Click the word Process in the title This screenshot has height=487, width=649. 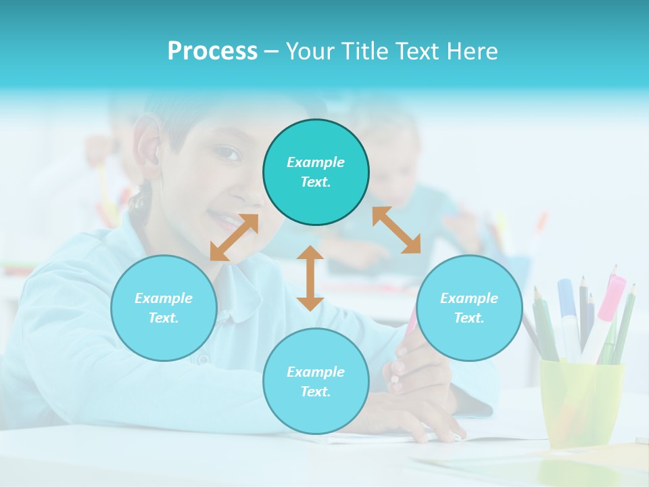(212, 51)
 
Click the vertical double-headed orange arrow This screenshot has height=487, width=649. (310, 278)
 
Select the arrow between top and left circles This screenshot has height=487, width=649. (234, 237)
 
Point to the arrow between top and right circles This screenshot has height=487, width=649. (396, 230)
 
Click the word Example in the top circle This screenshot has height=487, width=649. (316, 162)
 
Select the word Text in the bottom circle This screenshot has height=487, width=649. (316, 392)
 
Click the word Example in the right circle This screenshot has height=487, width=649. (469, 298)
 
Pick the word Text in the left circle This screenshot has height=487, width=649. (164, 318)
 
